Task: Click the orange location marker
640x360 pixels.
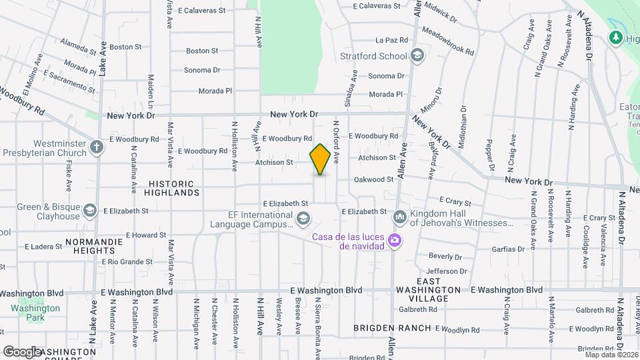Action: point(320,159)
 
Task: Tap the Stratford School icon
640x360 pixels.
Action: point(417,56)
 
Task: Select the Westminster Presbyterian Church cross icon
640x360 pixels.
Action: point(97,147)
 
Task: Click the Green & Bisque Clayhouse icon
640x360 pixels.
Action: point(90,211)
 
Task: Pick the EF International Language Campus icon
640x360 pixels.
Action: point(303,219)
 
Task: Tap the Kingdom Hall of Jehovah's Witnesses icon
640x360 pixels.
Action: point(400,217)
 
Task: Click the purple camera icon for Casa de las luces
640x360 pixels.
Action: point(395,240)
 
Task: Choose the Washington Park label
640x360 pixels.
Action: point(35,313)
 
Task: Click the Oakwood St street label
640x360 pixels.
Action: point(373,179)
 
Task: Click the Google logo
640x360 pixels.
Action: point(21,351)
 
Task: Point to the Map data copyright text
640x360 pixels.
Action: point(611,355)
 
